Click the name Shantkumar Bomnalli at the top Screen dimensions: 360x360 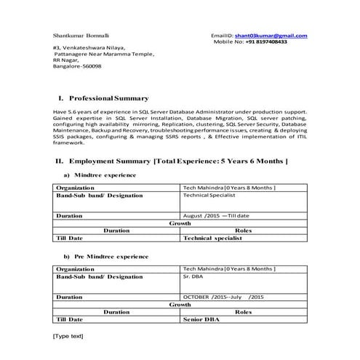tap(81, 36)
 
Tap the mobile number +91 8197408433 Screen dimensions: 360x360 tap(265, 42)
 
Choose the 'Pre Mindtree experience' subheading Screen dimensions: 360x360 tap(106, 256)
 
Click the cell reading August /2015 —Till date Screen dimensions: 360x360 tap(216, 216)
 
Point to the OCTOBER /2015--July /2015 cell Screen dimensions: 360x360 tap(223, 297)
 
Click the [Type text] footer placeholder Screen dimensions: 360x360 tap(68, 335)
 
